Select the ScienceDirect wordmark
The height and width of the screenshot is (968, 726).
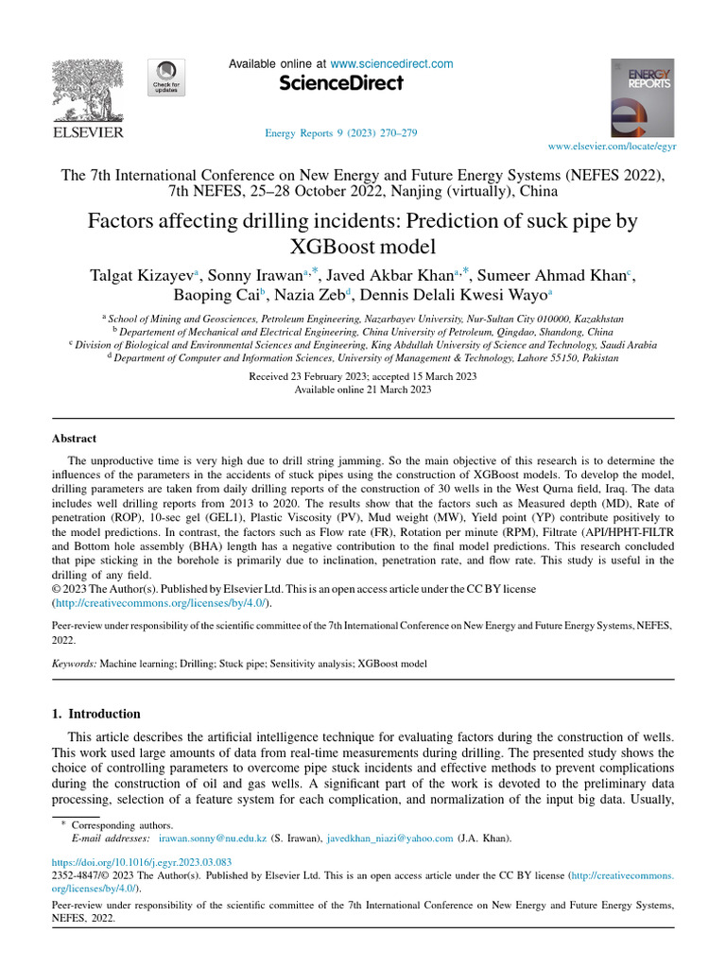pos(341,84)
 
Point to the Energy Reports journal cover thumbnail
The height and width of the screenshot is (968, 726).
pos(643,98)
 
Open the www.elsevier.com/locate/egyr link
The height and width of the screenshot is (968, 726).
pos(612,147)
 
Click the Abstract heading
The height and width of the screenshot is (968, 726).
pos(73,439)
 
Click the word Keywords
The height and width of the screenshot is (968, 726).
pos(73,665)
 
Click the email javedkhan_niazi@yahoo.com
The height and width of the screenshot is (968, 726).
pos(391,838)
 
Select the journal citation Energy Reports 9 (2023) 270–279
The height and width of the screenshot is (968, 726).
pos(341,133)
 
